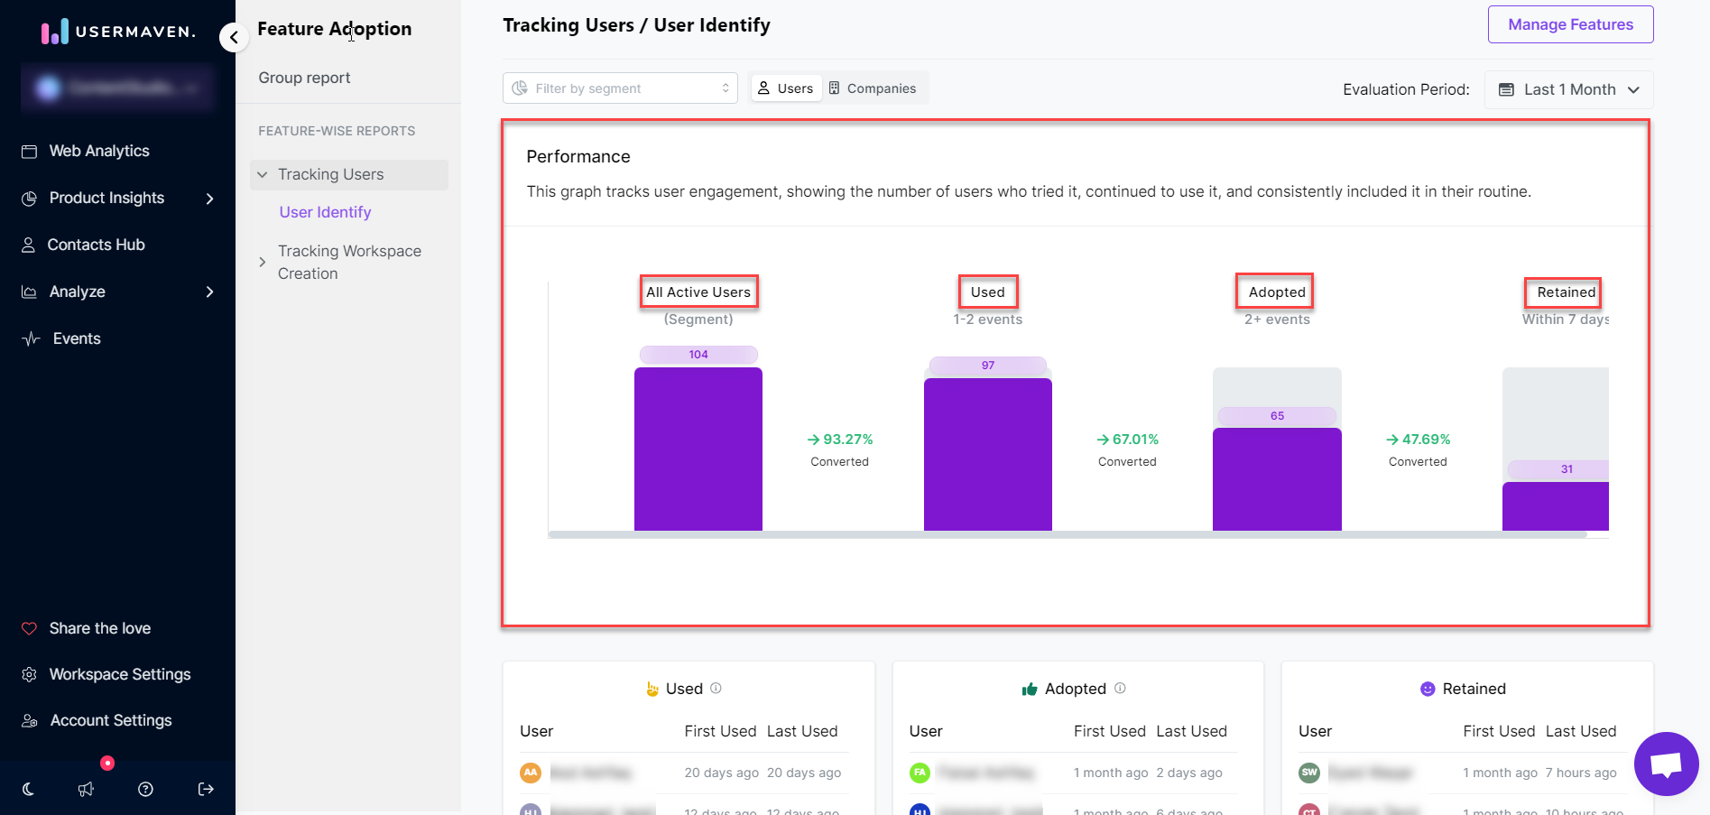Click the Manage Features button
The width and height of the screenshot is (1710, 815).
tap(1570, 24)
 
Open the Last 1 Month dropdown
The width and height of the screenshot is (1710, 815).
tap(1568, 89)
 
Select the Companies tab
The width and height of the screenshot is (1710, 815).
tap(873, 88)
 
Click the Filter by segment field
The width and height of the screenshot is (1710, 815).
tap(620, 88)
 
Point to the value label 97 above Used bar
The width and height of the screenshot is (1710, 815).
tap(987, 366)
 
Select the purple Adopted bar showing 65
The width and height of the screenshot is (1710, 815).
tap(1276, 478)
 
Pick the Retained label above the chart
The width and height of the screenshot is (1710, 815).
tap(1566, 292)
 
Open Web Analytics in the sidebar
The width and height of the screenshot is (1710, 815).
tap(99, 151)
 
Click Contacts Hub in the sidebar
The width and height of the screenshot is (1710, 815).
tap(96, 245)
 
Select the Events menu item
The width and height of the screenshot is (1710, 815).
tap(77, 338)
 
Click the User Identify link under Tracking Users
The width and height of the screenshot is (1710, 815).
tap(325, 212)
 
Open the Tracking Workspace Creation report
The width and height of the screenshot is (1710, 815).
tap(349, 262)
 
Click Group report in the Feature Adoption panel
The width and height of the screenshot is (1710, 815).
tap(304, 78)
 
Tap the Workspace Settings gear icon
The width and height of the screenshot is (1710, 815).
tap(30, 674)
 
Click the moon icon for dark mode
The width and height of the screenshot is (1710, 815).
tap(29, 789)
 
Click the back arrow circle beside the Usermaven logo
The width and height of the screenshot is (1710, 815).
tap(234, 37)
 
